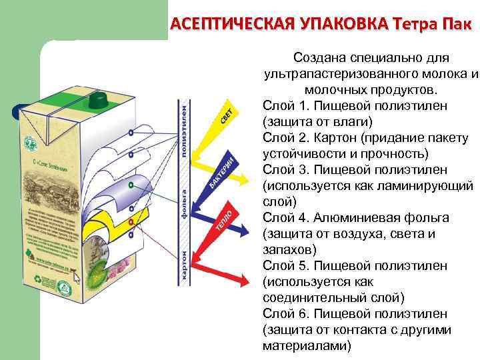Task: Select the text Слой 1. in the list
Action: click(x=285, y=106)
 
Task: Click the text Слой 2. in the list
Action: click(x=285, y=138)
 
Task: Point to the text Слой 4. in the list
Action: click(x=285, y=218)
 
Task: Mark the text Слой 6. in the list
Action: click(x=285, y=314)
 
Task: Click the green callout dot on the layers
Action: click(x=131, y=183)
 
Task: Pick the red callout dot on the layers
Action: click(x=131, y=221)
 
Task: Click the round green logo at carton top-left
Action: click(x=29, y=143)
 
